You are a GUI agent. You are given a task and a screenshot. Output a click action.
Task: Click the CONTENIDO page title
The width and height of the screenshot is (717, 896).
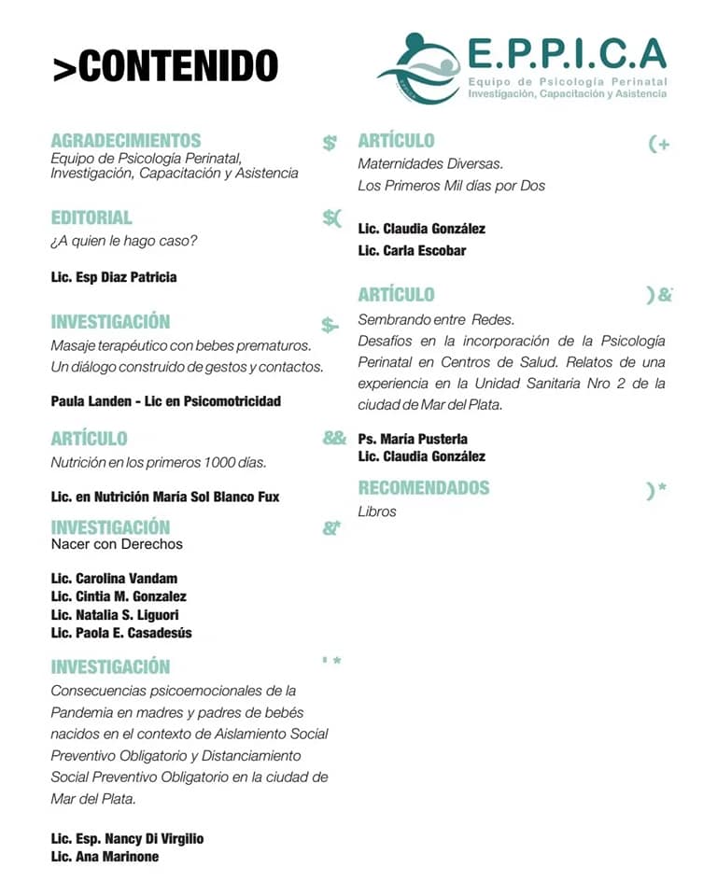click(165, 66)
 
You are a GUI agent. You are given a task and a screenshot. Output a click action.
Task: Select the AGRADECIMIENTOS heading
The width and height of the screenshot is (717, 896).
click(126, 141)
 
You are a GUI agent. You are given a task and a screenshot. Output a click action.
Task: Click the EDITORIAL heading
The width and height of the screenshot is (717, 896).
click(91, 217)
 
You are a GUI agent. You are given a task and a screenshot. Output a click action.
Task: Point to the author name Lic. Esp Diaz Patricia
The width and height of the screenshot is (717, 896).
click(114, 277)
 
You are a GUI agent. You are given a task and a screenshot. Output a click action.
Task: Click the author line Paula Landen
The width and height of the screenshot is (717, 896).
click(166, 401)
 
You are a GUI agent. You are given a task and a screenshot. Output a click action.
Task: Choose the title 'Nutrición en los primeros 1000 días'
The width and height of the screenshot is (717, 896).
click(159, 462)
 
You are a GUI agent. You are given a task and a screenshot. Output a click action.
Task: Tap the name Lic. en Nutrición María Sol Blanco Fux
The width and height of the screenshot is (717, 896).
click(165, 497)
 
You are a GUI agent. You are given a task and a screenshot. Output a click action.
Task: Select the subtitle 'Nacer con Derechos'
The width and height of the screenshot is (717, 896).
click(117, 543)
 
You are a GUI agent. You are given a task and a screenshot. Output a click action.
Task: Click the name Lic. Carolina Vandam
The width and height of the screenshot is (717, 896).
click(114, 579)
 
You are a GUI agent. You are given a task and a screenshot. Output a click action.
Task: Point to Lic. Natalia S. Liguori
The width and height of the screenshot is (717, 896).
click(115, 615)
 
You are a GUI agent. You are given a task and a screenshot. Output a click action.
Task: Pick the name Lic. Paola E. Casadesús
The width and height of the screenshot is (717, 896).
click(121, 633)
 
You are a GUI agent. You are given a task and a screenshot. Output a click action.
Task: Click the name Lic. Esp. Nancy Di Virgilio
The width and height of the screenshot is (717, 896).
click(127, 838)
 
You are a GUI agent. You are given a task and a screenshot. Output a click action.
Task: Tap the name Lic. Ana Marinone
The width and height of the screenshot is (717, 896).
click(105, 857)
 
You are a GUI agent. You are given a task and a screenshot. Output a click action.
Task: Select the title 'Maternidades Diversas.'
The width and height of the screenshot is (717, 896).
click(430, 163)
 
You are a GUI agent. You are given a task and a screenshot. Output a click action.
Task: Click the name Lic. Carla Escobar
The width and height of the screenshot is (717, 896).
click(412, 250)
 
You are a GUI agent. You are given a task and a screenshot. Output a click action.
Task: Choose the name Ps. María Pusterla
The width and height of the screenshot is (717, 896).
click(413, 439)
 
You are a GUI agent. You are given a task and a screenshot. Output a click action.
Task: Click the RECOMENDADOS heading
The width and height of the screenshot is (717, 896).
click(424, 487)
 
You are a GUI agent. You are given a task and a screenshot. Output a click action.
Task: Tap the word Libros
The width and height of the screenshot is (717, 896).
click(377, 511)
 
